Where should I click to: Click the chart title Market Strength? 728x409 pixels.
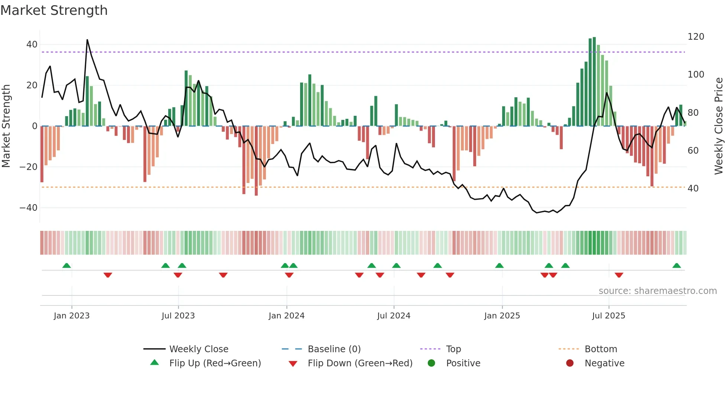(x=54, y=10)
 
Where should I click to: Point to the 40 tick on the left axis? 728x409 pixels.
(x=32, y=45)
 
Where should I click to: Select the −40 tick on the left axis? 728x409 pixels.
(x=29, y=208)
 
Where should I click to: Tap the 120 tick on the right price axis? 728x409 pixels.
(x=696, y=37)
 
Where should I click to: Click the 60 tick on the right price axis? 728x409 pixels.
(x=693, y=151)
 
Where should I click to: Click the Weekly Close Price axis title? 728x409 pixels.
(x=719, y=126)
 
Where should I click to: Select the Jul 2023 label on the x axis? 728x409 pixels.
(x=178, y=316)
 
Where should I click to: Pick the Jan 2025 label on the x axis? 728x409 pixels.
(x=502, y=316)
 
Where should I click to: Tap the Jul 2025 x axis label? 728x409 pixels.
(x=608, y=316)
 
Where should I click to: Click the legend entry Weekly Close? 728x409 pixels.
(x=199, y=349)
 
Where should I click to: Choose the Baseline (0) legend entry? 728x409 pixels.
(x=334, y=349)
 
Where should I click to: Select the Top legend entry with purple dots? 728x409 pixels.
(x=453, y=349)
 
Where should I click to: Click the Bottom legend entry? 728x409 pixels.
(x=601, y=349)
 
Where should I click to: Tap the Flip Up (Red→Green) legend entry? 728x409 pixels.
(x=215, y=363)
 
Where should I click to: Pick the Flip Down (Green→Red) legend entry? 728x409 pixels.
(x=360, y=363)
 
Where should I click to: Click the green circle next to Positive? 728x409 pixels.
(x=431, y=363)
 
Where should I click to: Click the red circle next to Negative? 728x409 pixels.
(x=570, y=363)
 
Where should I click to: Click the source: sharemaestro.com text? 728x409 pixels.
(x=657, y=291)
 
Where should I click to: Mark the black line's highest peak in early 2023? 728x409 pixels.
(x=87, y=40)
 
